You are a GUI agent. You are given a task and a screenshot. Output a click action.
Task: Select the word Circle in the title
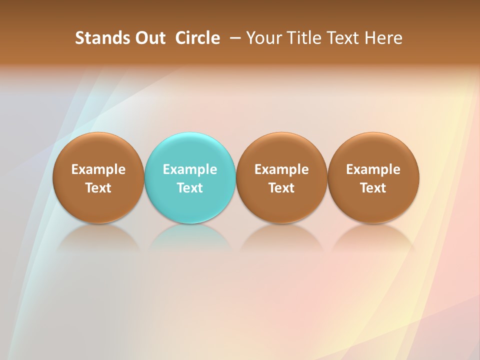[x=197, y=38]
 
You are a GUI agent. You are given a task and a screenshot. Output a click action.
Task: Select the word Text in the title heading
[x=342, y=38]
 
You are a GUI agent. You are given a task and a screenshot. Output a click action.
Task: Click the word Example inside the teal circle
[x=190, y=169]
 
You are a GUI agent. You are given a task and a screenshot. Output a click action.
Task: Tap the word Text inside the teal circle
[x=190, y=188]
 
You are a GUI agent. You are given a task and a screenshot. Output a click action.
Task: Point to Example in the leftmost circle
[x=98, y=169]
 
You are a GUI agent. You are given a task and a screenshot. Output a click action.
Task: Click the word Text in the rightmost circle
[x=373, y=188]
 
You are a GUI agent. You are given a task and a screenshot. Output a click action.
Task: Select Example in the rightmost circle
[x=373, y=169]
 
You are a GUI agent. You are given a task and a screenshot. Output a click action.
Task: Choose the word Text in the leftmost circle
[x=98, y=188]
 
